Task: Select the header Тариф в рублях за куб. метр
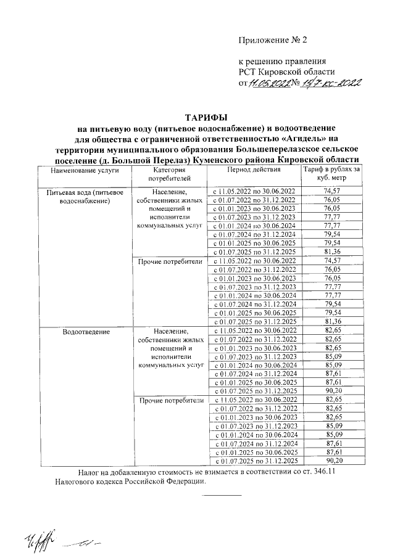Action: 332,173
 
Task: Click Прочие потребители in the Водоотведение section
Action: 170,400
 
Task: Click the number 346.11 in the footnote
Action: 336,472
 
